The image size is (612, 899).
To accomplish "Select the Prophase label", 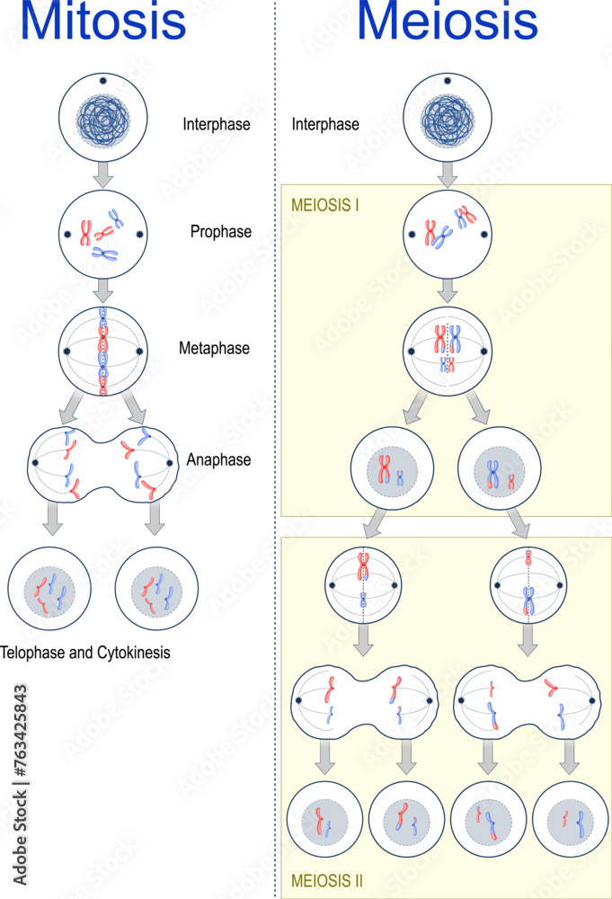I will [x=220, y=232].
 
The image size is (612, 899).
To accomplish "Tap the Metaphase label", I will [x=217, y=348].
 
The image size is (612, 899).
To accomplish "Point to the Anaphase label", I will [x=218, y=459].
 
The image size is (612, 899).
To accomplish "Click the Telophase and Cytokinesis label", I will [x=85, y=653].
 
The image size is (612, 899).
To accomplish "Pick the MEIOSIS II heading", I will [x=327, y=880].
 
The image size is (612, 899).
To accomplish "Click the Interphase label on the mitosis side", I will [x=216, y=124].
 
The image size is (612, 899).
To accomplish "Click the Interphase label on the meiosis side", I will [x=325, y=124].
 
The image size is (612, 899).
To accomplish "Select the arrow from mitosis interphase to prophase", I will [x=103, y=174].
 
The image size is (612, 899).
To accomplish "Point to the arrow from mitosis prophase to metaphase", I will [x=103, y=289].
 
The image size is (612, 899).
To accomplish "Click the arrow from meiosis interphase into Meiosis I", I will [x=447, y=174].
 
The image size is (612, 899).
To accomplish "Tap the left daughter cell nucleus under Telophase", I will [x=49, y=592].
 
